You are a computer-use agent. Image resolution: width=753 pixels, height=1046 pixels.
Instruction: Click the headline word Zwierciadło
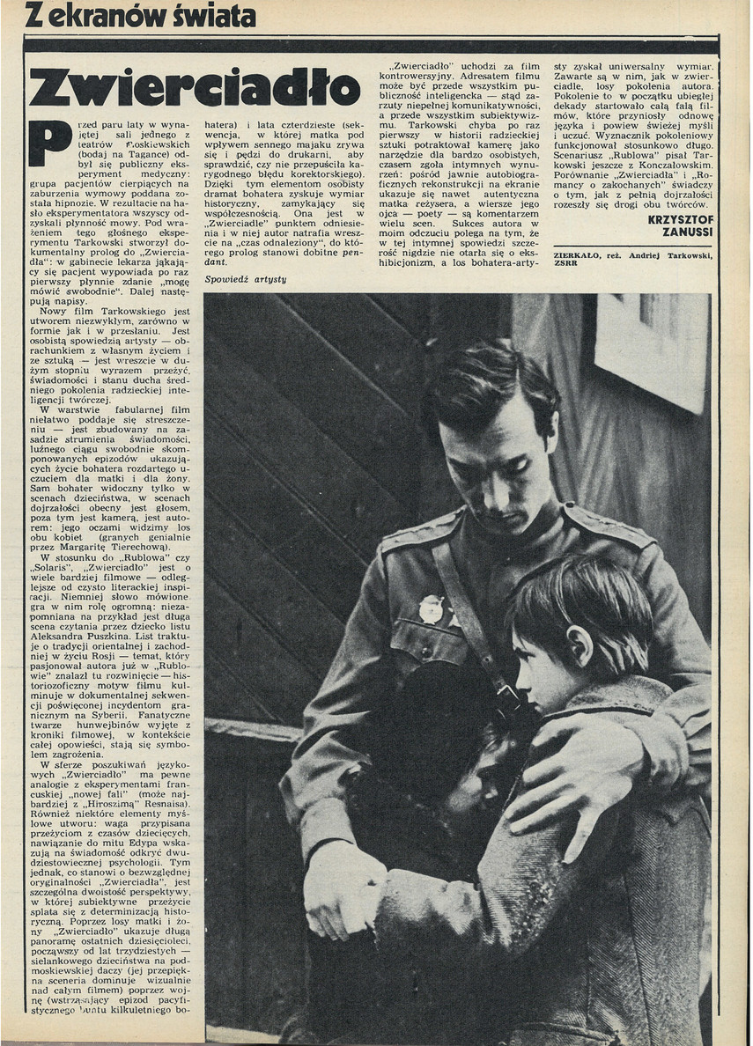point(195,88)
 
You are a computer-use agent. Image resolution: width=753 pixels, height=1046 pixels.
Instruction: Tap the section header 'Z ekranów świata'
point(141,15)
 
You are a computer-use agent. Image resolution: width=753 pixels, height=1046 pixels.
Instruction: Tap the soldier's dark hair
point(493,387)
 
